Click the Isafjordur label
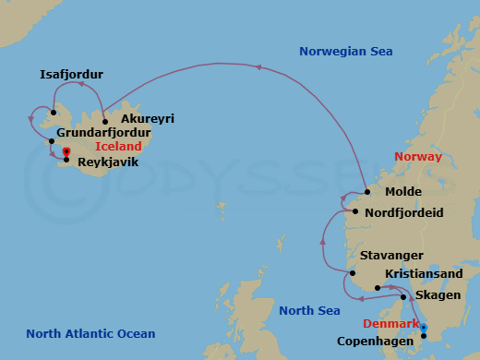72,74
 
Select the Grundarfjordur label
103,133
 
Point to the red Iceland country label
118,147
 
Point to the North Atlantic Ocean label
90,334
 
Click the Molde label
403,192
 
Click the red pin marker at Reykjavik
66,153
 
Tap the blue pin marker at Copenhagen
424,328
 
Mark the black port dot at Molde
366,192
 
